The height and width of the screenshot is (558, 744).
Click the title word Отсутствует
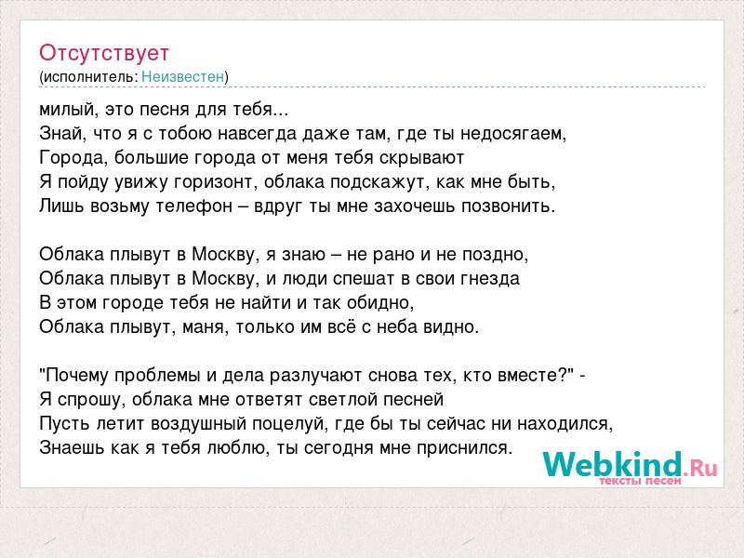coord(104,53)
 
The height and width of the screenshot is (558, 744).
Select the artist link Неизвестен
coord(182,76)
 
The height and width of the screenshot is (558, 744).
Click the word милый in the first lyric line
coord(67,110)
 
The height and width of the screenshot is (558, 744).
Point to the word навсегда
coord(258,134)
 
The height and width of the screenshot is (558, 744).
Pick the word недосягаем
coord(511,134)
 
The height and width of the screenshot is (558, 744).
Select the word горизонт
coord(211,182)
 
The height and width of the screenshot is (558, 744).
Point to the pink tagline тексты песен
coord(640,481)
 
